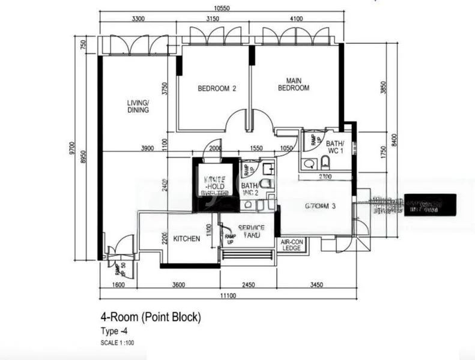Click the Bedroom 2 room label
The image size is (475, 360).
217,89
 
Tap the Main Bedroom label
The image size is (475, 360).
293,84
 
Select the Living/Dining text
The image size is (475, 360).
138,106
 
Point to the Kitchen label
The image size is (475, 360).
186,239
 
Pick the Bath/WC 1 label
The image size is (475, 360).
334,148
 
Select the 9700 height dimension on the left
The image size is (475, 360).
72,147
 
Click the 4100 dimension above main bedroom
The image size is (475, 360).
297,19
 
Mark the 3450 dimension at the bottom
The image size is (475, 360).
316,284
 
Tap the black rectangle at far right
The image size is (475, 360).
430,205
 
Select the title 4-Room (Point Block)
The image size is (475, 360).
150,317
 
